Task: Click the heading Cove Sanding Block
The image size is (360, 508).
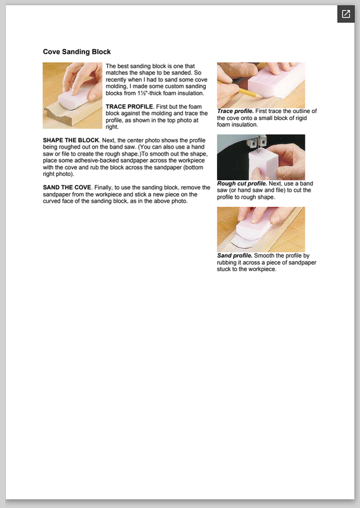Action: tap(77, 52)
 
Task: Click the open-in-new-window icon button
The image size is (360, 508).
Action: tap(346, 14)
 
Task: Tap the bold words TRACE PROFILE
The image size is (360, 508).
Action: tap(129, 107)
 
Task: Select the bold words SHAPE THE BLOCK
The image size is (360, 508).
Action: tap(70, 140)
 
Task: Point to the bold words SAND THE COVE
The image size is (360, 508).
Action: tap(67, 187)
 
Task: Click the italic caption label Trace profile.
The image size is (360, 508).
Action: tap(236, 111)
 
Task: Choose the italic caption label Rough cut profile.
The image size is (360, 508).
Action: tap(242, 184)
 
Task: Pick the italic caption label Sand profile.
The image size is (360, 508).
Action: tap(234, 256)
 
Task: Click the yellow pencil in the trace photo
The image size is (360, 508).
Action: tap(241, 90)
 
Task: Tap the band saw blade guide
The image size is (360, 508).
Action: tap(257, 142)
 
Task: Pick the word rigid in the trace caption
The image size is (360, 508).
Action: tap(300, 118)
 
